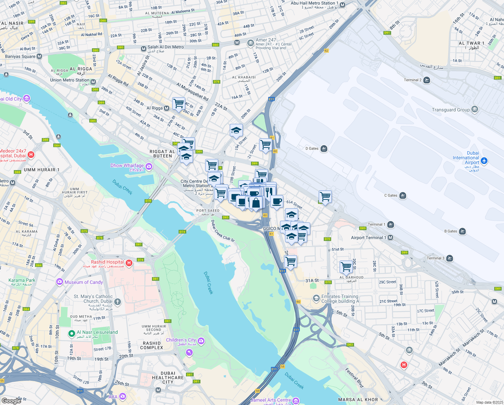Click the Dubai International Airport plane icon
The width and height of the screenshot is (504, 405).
[x=484, y=161]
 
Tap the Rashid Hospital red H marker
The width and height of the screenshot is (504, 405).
[x=129, y=263]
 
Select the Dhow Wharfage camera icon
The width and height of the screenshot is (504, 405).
[x=149, y=166]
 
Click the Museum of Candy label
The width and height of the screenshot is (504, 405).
[x=84, y=282]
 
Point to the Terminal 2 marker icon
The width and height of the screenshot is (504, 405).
[x=427, y=80]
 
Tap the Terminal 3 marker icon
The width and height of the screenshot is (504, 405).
[x=449, y=259]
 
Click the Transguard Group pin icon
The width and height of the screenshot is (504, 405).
[x=475, y=109]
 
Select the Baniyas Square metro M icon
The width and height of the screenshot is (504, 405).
[x=39, y=56]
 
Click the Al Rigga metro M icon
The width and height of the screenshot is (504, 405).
[x=166, y=108]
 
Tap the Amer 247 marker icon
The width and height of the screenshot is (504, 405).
[x=250, y=43]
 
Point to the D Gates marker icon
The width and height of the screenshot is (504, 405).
[x=324, y=148]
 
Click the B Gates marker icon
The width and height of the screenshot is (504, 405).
[x=462, y=231]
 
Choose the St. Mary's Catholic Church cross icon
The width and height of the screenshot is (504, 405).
[x=117, y=301]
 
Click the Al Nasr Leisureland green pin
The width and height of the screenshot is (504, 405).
[x=71, y=334]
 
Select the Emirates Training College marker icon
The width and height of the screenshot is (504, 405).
[x=316, y=298]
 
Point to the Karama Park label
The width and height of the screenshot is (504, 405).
[x=22, y=280]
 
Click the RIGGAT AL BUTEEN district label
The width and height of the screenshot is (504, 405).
[x=162, y=154]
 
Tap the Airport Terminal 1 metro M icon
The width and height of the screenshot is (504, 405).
[x=390, y=238]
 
